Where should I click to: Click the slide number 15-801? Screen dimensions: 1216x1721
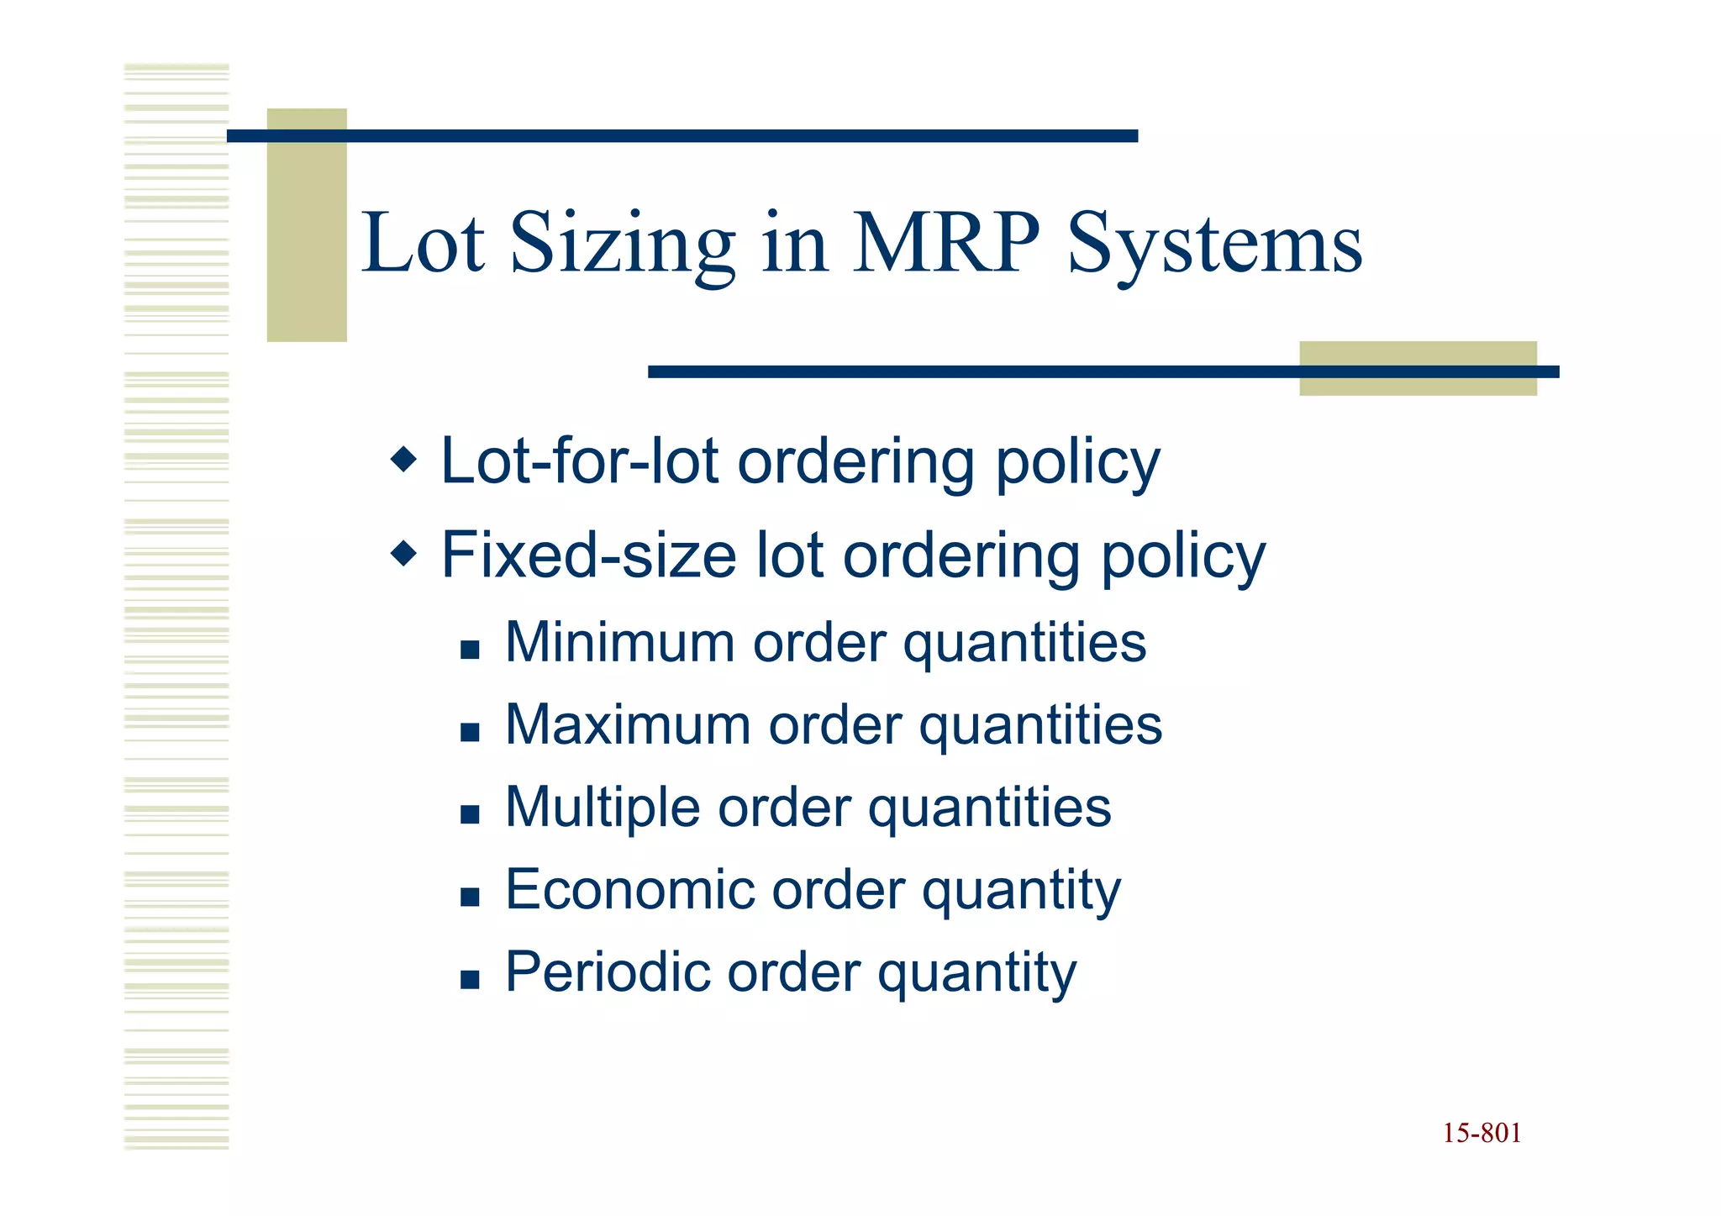[1482, 1134]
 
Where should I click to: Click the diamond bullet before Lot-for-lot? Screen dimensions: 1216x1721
[404, 459]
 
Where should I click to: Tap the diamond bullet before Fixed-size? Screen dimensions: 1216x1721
[404, 553]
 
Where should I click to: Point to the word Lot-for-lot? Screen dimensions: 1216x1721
[580, 461]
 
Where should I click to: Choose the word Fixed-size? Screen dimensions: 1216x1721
[589, 555]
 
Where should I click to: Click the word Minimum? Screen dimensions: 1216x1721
[620, 643]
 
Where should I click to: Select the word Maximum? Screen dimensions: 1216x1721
[628, 725]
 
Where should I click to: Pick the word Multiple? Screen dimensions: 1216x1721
[603, 808]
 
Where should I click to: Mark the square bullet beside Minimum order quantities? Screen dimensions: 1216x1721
[470, 650]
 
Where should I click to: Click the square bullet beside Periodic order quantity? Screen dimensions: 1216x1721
[470, 979]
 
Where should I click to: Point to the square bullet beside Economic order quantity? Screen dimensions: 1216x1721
[470, 897]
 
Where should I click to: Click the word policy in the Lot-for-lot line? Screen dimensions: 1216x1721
[1077, 461]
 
